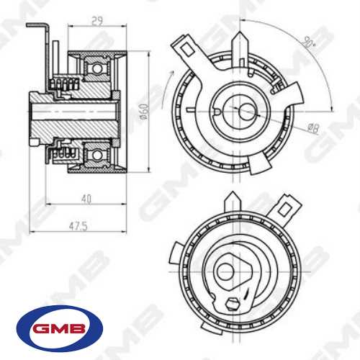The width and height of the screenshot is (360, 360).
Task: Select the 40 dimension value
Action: point(86,197)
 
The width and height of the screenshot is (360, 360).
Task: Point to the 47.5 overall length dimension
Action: point(77,226)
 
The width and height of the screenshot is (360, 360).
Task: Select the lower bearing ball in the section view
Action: point(94,153)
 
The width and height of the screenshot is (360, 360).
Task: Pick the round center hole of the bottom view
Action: point(225,271)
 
